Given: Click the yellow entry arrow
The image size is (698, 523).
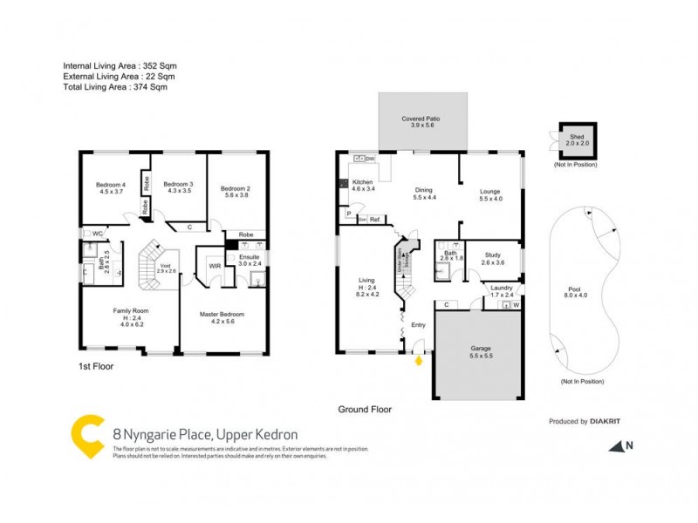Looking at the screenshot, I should [x=420, y=358].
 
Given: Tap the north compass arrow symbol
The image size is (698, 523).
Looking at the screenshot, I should [x=619, y=446].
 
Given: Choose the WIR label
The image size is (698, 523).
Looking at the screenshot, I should [x=214, y=267].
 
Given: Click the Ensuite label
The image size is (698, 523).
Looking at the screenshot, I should [x=249, y=259].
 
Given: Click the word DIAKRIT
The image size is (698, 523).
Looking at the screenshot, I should [x=606, y=421].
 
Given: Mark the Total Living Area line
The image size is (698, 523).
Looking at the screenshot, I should [x=115, y=87].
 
